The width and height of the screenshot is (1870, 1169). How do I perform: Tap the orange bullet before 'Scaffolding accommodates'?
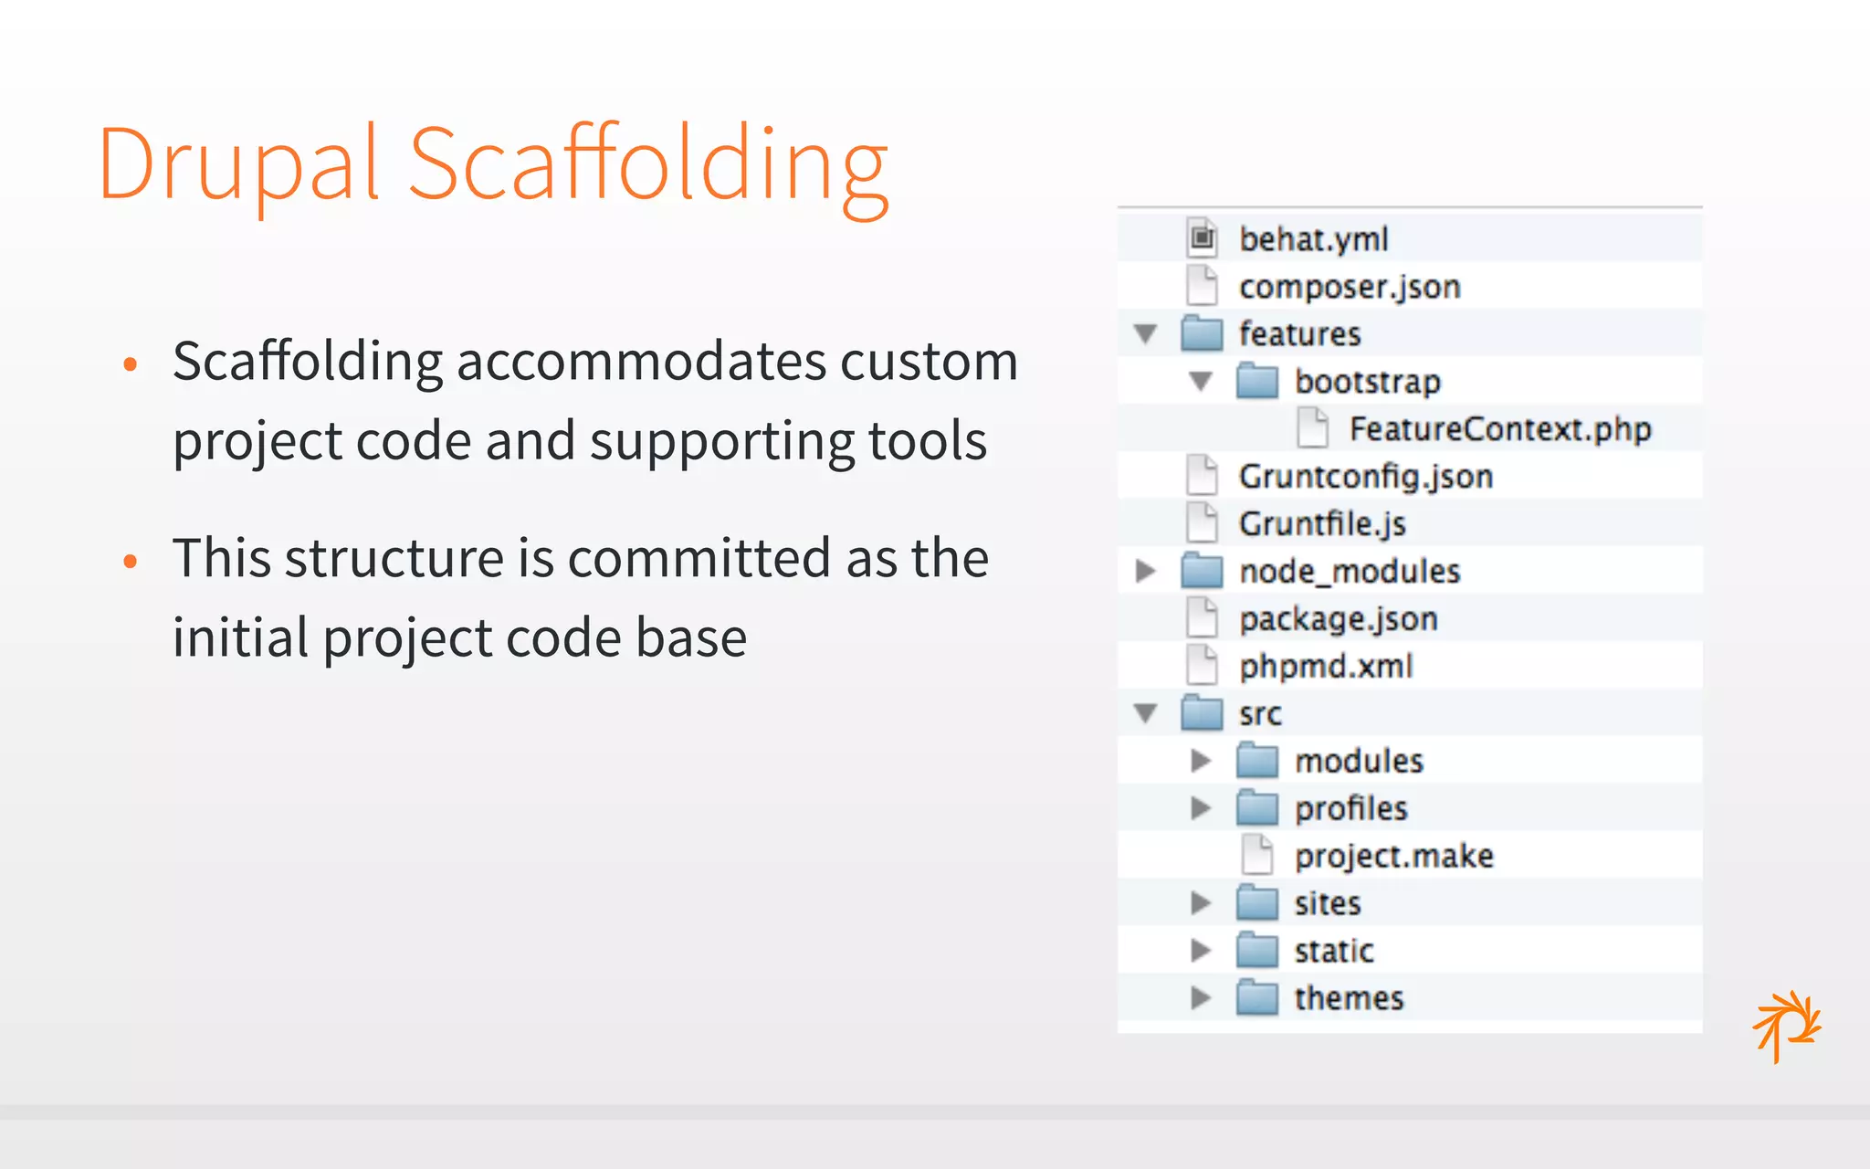click(x=131, y=364)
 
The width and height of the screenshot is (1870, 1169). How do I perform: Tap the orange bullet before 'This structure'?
click(x=131, y=561)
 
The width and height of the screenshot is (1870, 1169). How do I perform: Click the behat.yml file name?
click(x=1313, y=239)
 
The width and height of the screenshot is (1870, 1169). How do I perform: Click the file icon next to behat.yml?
click(x=1202, y=238)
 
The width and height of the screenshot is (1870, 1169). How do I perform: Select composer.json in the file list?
click(x=1349, y=287)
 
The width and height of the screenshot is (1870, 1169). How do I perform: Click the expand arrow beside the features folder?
click(x=1146, y=333)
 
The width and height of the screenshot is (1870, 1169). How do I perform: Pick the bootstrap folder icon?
click(x=1256, y=381)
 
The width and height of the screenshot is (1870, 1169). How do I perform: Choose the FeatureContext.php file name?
click(x=1499, y=429)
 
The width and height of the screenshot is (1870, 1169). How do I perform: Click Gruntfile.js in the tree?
click(x=1321, y=524)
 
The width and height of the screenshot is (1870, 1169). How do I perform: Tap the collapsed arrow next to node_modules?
click(x=1146, y=572)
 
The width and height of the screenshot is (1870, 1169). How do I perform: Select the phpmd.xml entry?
click(x=1325, y=667)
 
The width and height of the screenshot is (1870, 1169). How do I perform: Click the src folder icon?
click(x=1202, y=713)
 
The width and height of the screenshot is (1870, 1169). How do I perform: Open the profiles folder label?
click(x=1350, y=809)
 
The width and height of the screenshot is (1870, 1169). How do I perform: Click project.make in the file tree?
click(x=1393, y=857)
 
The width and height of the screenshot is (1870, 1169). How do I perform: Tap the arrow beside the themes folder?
click(x=1201, y=998)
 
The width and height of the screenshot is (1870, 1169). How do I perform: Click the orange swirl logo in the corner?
click(x=1786, y=1026)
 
